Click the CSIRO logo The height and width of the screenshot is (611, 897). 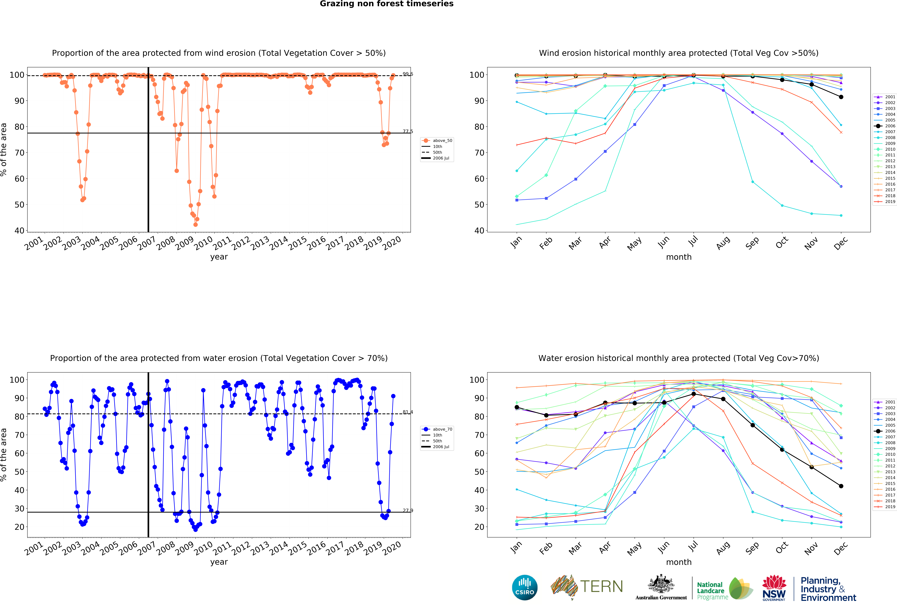pos(525,587)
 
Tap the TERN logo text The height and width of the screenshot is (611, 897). pos(601,587)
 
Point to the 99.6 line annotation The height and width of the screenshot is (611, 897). pos(408,74)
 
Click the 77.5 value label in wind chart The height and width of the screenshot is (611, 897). pos(408,132)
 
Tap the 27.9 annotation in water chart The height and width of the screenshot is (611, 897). pos(408,510)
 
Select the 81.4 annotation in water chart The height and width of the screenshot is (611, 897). pos(408,412)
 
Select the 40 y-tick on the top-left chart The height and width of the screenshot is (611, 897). pos(19,231)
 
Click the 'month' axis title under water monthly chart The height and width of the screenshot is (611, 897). pos(679,562)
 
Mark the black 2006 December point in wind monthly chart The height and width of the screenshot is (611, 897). pos(841,97)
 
